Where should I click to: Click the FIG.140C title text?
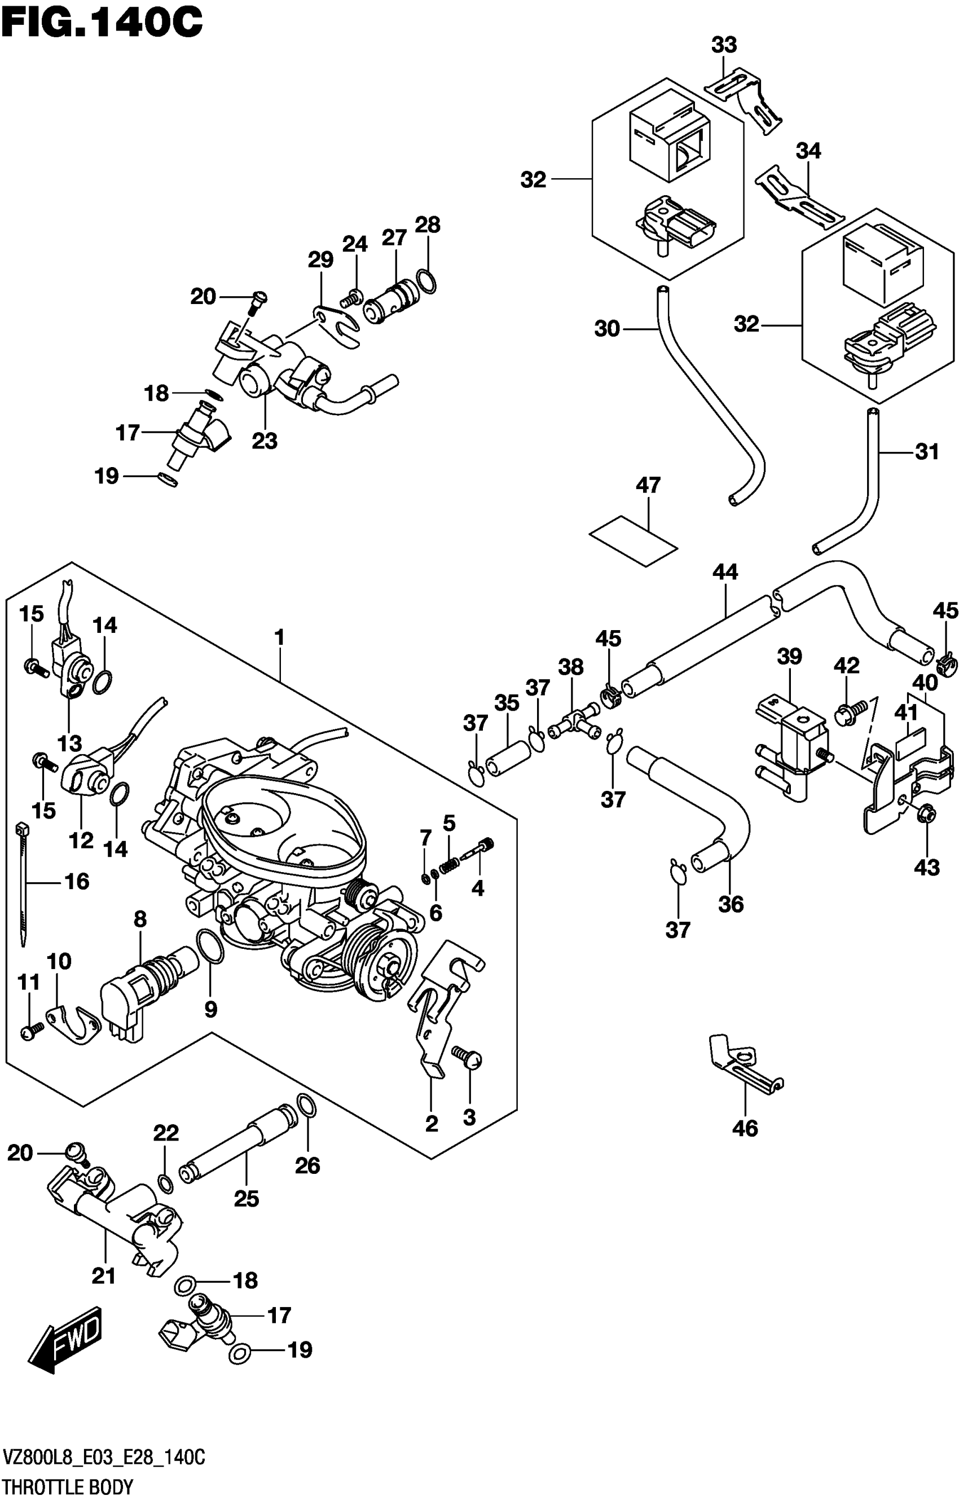(102, 24)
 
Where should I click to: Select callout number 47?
(648, 485)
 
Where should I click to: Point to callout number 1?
(279, 637)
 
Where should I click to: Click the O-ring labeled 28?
(426, 281)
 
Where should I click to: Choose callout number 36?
(730, 904)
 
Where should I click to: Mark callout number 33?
(724, 45)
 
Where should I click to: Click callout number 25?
(247, 1199)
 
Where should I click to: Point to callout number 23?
(264, 441)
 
